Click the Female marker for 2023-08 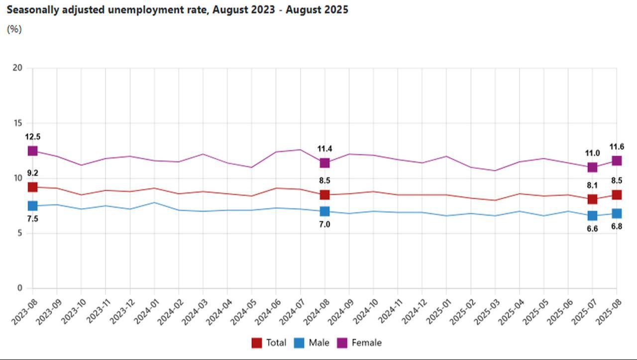click(x=33, y=151)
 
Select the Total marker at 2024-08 click(x=325, y=195)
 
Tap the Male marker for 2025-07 click(x=592, y=216)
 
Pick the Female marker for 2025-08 click(x=617, y=161)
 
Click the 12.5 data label click(x=33, y=137)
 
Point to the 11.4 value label click(x=325, y=149)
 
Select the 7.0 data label click(x=325, y=225)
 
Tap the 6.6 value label click(x=592, y=229)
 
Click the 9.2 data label click(x=33, y=173)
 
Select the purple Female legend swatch click(x=342, y=343)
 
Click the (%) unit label click(x=14, y=29)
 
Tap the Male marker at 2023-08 click(x=33, y=206)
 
